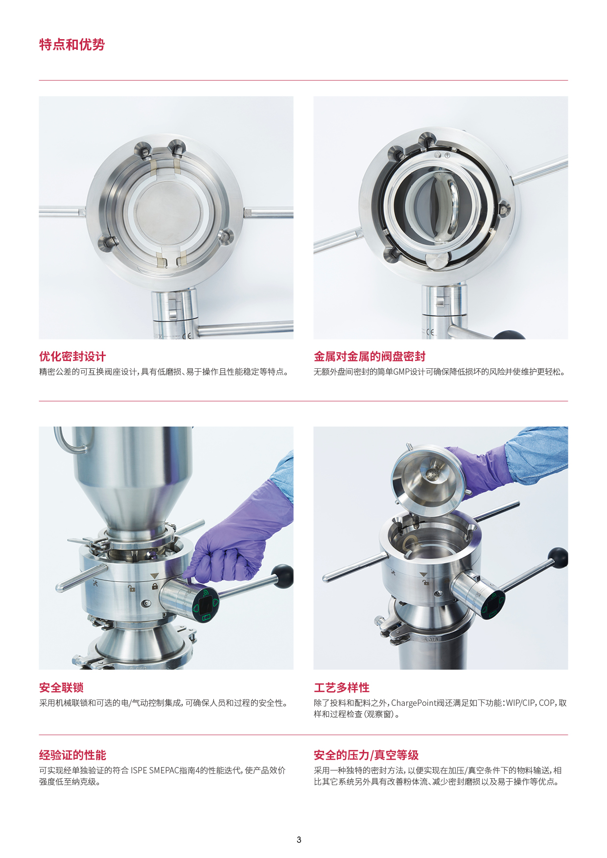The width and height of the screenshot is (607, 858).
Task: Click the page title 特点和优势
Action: pyautogui.click(x=72, y=45)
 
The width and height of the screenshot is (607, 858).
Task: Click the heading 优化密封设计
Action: pyautogui.click(x=72, y=357)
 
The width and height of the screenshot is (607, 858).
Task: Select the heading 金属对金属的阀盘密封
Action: pyautogui.click(x=370, y=357)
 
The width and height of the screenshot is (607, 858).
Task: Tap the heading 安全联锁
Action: pyautogui.click(x=61, y=688)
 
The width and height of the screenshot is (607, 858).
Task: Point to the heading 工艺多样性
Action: pyautogui.click(x=342, y=688)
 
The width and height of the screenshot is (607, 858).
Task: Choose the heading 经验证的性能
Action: pyautogui.click(x=72, y=755)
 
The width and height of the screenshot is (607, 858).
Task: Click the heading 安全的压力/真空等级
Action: pyautogui.click(x=366, y=755)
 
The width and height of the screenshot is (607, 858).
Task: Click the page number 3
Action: pyautogui.click(x=299, y=840)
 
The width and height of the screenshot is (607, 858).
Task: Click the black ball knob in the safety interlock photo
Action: pyautogui.click(x=282, y=576)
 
